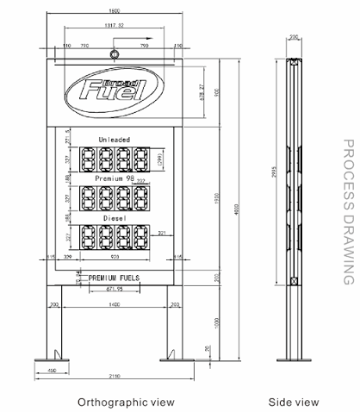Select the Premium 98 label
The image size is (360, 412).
(x=115, y=178)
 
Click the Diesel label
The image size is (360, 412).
(x=115, y=217)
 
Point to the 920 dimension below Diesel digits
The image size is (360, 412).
(x=115, y=257)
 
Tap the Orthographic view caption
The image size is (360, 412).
(x=126, y=402)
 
